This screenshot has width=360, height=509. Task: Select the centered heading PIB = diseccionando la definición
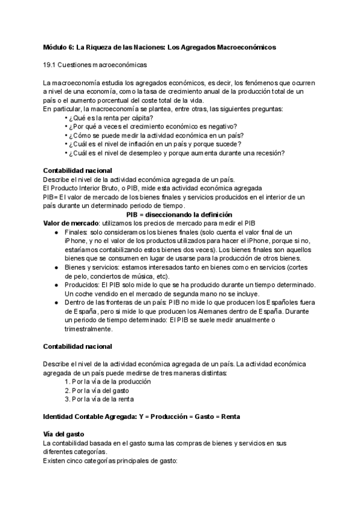179,214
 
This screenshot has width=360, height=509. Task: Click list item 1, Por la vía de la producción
107,381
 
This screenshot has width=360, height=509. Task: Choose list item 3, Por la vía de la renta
99,399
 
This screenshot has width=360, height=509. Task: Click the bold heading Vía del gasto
64,434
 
